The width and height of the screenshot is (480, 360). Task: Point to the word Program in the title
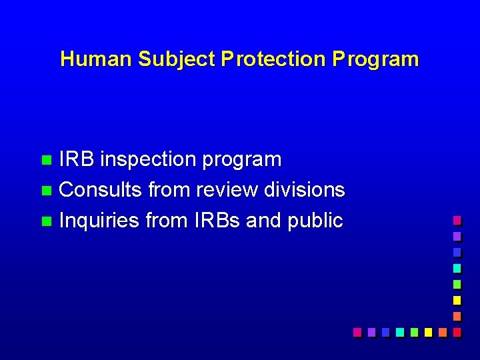(x=376, y=59)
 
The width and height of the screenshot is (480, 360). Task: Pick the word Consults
(x=101, y=190)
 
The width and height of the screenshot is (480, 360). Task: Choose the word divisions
(x=305, y=190)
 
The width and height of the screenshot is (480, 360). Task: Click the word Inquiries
(x=100, y=221)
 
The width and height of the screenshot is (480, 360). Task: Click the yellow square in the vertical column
(x=457, y=300)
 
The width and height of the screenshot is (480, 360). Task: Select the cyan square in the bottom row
(x=399, y=331)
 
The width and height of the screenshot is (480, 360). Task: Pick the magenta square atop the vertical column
(x=457, y=220)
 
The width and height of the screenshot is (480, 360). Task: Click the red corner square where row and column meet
(x=457, y=331)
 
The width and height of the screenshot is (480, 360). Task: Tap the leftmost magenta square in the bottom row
(x=357, y=331)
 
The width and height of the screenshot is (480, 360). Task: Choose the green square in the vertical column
(x=457, y=284)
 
